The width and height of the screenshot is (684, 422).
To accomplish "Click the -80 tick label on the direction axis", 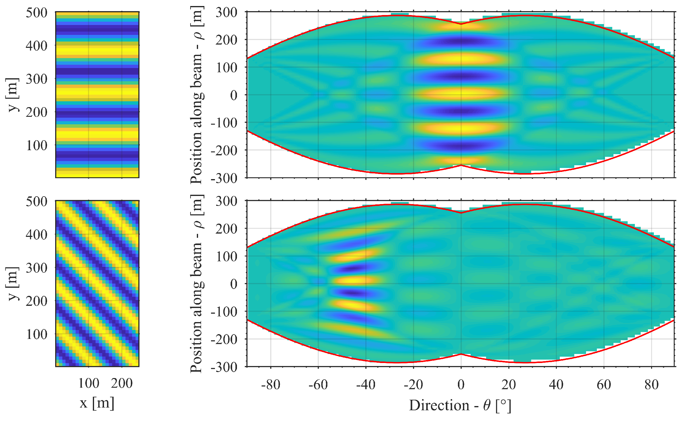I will [x=270, y=385].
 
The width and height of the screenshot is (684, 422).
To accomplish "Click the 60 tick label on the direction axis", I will [x=604, y=385].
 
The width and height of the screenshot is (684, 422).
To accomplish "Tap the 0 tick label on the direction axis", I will [x=461, y=385].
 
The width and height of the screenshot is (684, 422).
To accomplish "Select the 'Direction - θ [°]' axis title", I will [x=460, y=405].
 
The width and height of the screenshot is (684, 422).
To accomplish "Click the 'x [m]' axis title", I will [x=97, y=403].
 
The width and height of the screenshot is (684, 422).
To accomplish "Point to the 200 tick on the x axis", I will [x=122, y=383].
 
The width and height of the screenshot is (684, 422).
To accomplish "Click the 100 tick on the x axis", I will [x=89, y=383].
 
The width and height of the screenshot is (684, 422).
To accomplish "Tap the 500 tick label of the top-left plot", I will [x=36, y=13].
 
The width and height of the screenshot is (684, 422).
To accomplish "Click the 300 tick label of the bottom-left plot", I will [x=36, y=268].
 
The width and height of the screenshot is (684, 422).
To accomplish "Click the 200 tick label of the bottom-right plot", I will [x=226, y=229].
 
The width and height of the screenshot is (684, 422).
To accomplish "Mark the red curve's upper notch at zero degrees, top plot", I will [x=461, y=24].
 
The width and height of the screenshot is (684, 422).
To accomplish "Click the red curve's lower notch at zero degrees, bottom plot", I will [x=461, y=354].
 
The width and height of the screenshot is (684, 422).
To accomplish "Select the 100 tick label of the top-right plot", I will [x=226, y=67].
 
